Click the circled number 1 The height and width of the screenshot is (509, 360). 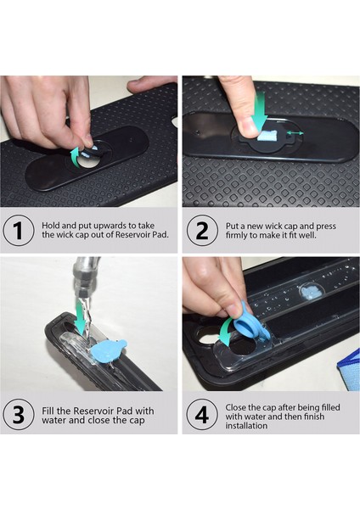(x=18, y=232)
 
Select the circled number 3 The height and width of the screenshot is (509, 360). (x=18, y=416)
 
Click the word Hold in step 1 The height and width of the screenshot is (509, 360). (x=51, y=226)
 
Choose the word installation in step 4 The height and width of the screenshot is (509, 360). (x=254, y=426)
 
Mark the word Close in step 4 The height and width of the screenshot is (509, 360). (x=240, y=406)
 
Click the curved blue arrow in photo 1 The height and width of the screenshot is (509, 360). (x=76, y=153)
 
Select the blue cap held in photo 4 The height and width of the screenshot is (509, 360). (x=251, y=324)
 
